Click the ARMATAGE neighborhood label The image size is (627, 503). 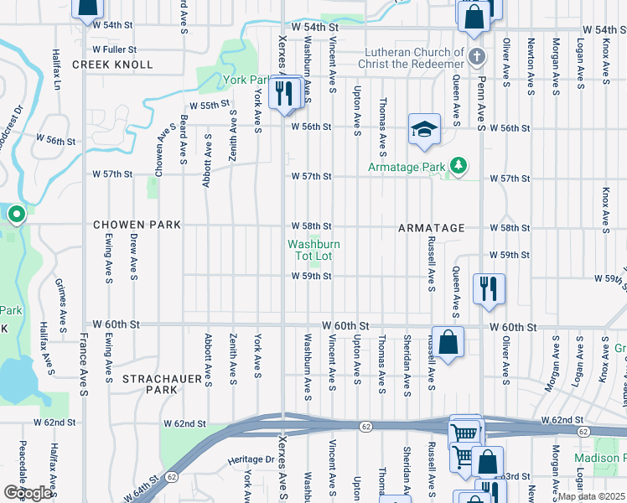(431, 228)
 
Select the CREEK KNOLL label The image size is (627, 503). (112, 65)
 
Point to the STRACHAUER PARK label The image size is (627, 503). (160, 385)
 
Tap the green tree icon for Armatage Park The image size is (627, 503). (458, 167)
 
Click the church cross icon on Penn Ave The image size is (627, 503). (476, 58)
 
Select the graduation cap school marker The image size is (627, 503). (424, 130)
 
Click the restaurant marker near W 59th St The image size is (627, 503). (487, 288)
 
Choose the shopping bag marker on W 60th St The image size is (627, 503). (448, 342)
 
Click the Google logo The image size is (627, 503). (28, 492)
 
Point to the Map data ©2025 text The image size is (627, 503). (592, 496)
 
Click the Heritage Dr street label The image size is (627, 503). (258, 459)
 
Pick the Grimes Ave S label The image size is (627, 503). (61, 303)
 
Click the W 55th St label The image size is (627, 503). (209, 106)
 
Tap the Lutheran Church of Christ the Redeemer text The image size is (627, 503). (411, 58)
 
